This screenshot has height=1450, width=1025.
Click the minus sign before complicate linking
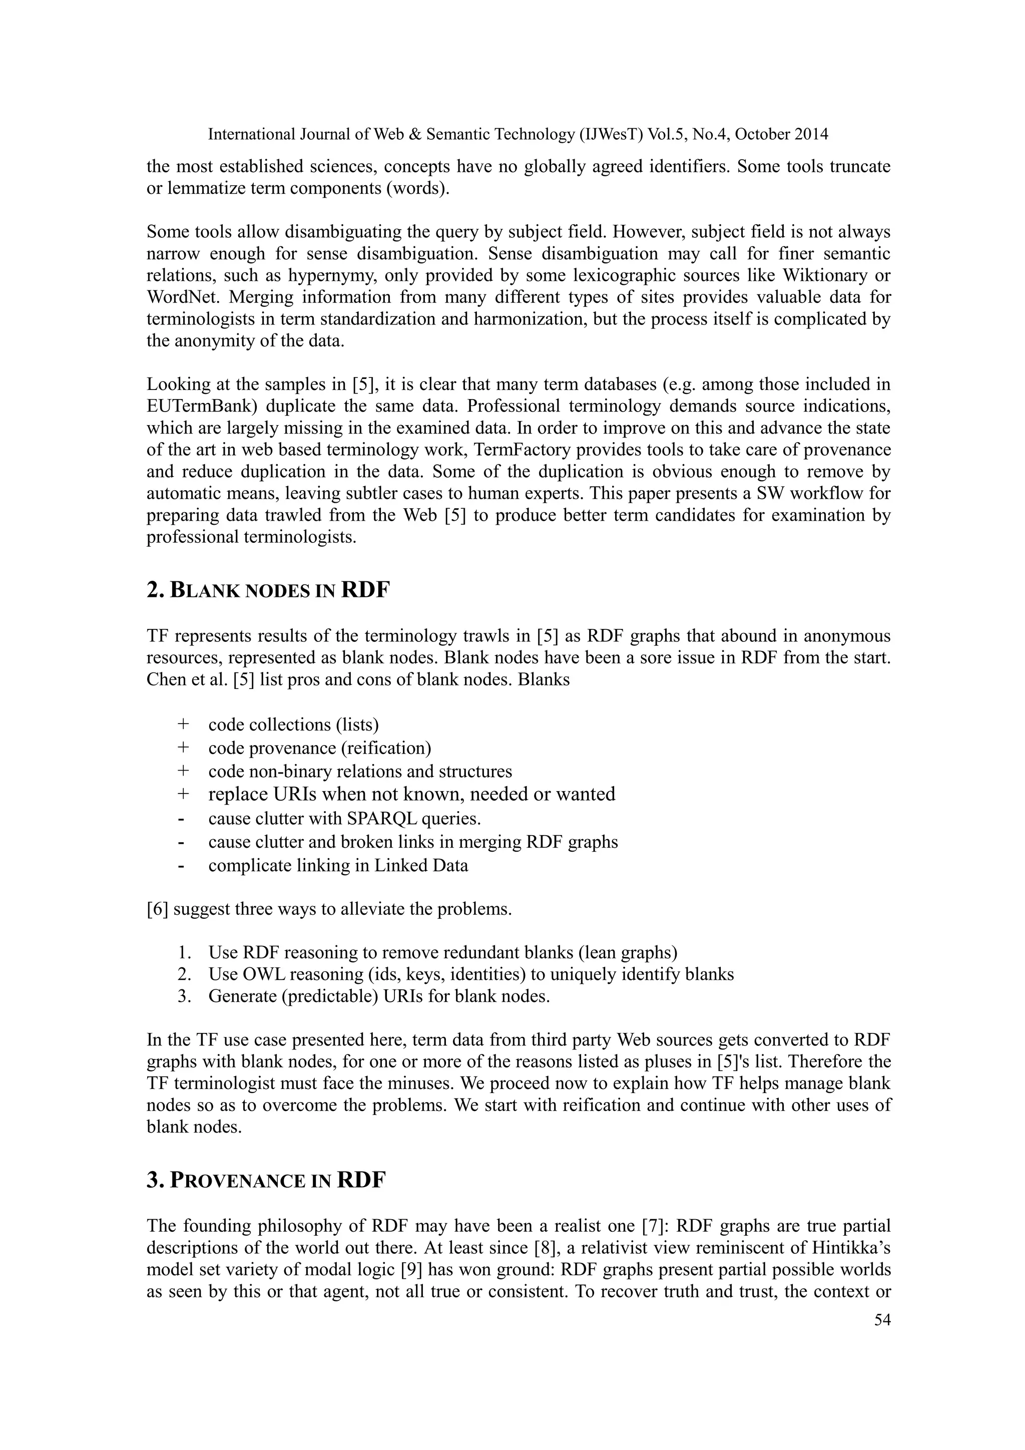[x=182, y=866]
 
